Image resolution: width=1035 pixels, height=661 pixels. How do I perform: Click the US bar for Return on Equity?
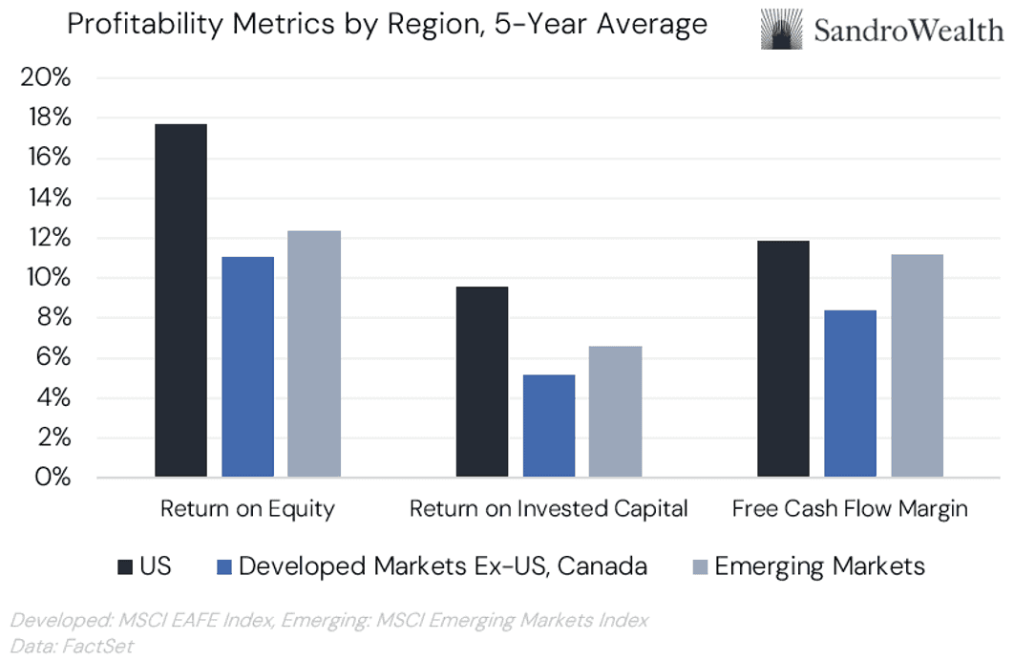[180, 300]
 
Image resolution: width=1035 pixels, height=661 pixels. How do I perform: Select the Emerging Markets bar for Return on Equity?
[314, 353]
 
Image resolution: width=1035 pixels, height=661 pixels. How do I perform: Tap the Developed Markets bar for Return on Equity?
[247, 367]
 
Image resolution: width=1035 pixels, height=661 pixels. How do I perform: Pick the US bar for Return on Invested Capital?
[482, 381]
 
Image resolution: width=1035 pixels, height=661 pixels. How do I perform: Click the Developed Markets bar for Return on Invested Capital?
[549, 425]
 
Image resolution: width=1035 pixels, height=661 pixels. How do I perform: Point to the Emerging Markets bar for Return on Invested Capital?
[615, 411]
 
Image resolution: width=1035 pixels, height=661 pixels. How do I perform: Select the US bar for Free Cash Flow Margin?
[783, 358]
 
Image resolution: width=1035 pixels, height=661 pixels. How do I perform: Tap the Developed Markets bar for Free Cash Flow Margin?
[850, 393]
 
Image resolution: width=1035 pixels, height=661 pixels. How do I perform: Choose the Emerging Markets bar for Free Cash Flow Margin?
[917, 365]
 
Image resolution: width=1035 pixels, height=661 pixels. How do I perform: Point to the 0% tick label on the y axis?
[52, 478]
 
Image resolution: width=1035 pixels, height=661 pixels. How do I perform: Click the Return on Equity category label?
[247, 509]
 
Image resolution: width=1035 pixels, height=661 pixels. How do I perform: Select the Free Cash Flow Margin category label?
[850, 509]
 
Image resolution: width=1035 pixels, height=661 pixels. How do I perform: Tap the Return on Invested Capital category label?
[549, 509]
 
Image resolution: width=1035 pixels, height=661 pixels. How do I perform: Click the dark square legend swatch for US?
[123, 567]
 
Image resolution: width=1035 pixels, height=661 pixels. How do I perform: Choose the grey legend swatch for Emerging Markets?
[699, 567]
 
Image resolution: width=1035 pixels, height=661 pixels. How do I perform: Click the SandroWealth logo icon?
[780, 30]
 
